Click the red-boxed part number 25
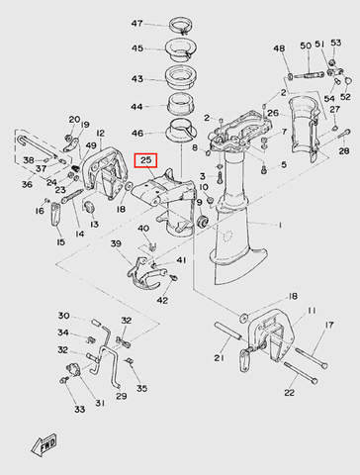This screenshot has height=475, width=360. coord(145,160)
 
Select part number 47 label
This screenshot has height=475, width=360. coord(136,24)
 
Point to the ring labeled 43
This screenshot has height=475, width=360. coord(181,77)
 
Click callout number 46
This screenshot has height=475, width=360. coord(137,133)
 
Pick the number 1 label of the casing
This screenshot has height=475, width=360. coord(280,225)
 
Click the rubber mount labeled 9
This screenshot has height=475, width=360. coord(202,222)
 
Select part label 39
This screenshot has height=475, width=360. coord(116,243)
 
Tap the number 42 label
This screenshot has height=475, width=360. coord(162,300)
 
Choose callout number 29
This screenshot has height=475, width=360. coord(122,396)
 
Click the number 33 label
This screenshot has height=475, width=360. coord(79,409)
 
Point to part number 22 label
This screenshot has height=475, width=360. coord(289,393)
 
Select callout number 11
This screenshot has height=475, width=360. coord(312,311)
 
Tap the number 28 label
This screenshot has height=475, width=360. coord(344,151)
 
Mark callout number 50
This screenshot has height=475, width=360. coord(306,46)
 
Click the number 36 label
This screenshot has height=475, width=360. coord(27,184)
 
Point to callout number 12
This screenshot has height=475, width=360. coord(101,134)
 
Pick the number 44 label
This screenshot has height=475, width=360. coord(136,107)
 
